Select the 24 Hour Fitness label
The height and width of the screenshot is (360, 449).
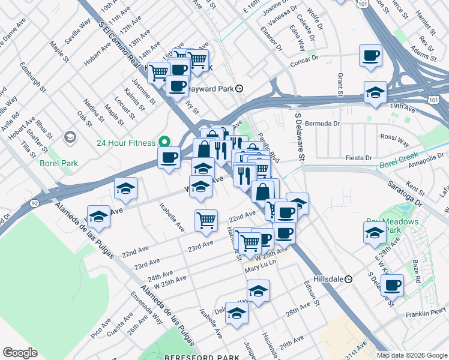point(127,143)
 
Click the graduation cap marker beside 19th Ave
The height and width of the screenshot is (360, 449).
point(375,92)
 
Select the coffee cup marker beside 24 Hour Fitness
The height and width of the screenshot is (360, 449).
point(169,157)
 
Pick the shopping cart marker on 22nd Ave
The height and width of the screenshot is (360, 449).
point(206,220)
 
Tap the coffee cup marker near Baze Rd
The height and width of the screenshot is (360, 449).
point(392,285)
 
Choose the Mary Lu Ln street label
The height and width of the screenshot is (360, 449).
point(260,269)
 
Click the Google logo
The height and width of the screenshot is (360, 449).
point(20,353)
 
